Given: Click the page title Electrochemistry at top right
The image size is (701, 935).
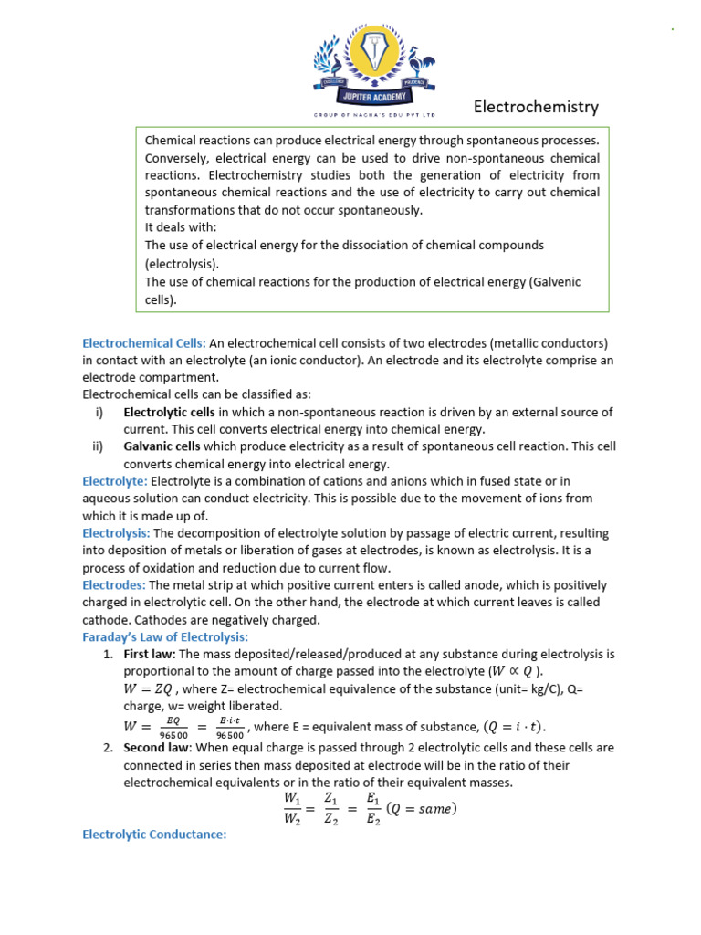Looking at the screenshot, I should pos(536,107).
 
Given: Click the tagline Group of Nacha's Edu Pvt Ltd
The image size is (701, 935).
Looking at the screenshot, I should pos(374,115).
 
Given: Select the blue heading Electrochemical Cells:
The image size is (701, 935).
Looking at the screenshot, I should pos(144,343).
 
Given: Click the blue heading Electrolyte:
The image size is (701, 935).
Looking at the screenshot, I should pos(115,480).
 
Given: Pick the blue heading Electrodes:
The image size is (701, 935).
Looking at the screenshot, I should pos(114,584).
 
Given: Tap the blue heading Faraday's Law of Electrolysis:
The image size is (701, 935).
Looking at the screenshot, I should pos(165,636).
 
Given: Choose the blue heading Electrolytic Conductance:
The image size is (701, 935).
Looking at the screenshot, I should pos(154,834).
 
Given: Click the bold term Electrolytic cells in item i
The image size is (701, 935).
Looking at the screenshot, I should pos(169,412).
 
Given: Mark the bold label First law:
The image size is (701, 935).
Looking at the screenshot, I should pos(150,654).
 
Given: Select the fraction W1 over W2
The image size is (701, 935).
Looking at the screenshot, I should pos(292,807).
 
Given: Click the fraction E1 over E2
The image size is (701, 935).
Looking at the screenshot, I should pos(371,807).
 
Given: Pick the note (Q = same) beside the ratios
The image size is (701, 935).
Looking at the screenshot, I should pos(421,808).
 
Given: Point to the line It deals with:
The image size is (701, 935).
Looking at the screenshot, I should pos(181,227).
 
